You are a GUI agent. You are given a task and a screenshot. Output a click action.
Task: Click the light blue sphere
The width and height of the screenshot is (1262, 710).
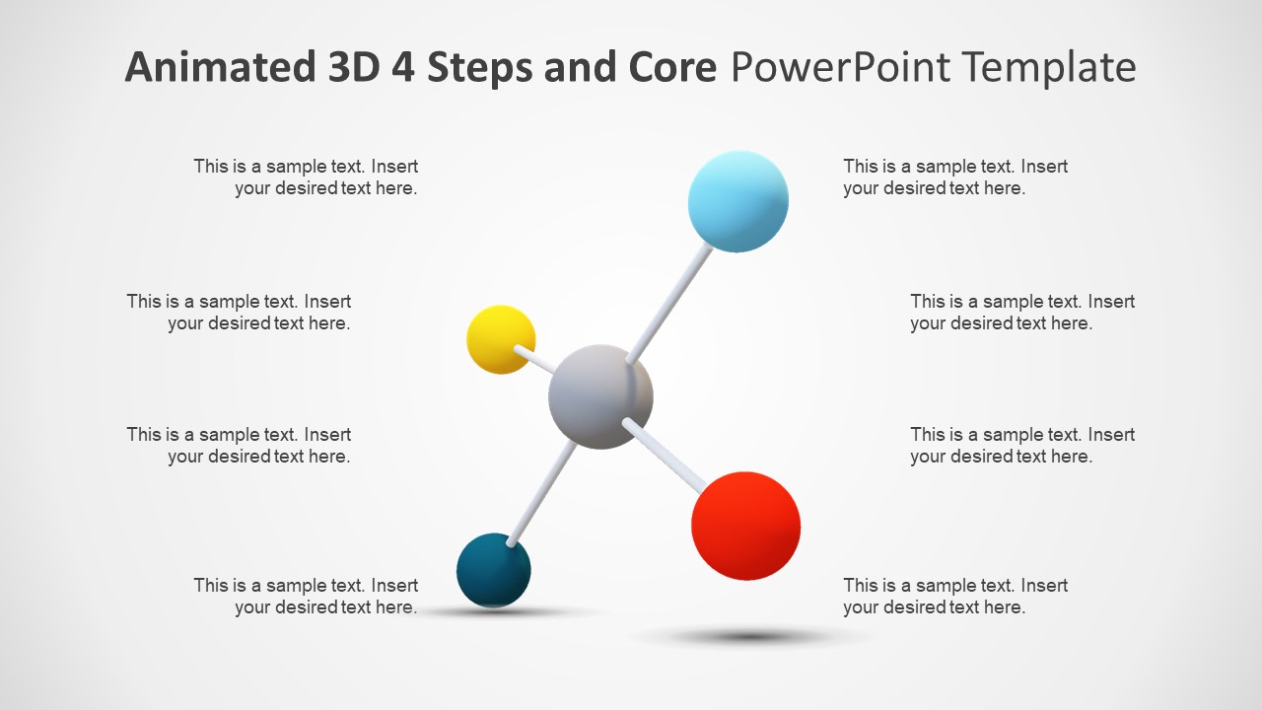coord(737,202)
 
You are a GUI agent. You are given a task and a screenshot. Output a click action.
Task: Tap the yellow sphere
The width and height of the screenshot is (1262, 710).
coord(501,339)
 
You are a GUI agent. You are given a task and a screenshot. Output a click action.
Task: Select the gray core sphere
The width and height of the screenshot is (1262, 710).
coord(600,396)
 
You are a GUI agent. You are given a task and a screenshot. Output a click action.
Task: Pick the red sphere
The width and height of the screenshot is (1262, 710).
coord(745,526)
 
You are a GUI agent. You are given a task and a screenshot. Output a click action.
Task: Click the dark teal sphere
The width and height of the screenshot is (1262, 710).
coord(494,570)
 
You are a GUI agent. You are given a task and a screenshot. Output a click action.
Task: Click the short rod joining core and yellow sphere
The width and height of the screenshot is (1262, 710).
coord(538,360)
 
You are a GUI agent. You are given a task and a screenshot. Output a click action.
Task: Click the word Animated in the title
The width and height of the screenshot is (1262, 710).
coord(216,67)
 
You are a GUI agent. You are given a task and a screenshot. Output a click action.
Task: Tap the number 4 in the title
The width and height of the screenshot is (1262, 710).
coord(404,67)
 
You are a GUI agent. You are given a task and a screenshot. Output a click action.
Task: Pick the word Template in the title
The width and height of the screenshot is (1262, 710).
coord(1048,67)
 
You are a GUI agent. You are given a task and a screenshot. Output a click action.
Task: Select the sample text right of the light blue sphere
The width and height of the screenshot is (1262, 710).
coord(954,177)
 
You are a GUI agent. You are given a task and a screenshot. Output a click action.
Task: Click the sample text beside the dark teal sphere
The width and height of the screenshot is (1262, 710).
coord(306,597)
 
